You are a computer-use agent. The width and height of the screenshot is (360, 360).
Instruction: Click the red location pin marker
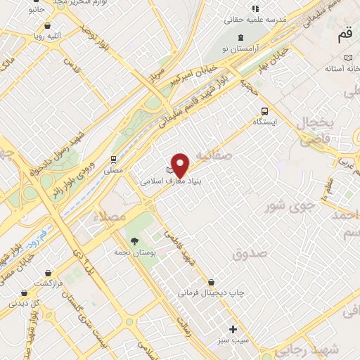click(x=181, y=165)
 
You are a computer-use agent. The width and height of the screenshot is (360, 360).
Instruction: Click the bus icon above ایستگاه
click(x=265, y=110)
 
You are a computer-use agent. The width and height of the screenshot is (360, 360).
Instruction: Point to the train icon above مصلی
click(x=113, y=160)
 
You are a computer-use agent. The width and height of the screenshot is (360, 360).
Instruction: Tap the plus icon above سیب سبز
click(x=233, y=328)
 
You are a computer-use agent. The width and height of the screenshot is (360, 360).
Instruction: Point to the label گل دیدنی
click(x=24, y=304)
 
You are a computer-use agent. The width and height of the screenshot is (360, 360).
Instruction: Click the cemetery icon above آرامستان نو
click(x=242, y=37)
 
